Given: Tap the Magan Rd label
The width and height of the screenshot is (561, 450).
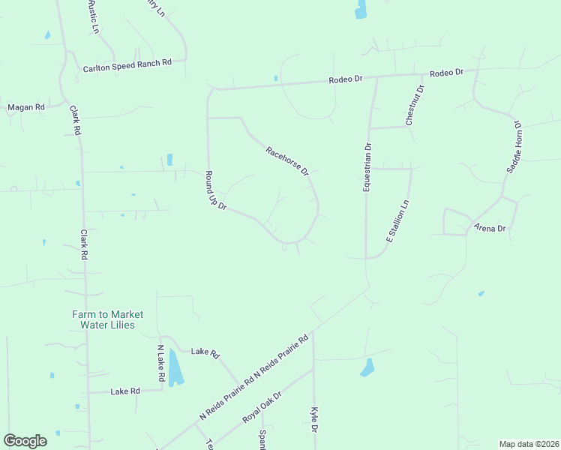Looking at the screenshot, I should pos(26,107).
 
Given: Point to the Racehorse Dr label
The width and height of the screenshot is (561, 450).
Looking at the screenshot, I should pos(287,161).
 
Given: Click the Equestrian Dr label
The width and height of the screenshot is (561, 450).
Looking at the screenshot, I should pos(367,168).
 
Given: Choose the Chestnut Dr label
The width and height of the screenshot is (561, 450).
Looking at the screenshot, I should pos(415,105).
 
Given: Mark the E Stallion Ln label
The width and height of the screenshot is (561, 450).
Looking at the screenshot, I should pos(398,220).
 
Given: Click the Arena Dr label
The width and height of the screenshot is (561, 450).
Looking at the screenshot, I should pos(490,227).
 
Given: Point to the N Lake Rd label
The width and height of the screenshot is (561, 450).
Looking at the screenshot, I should pos(160,364).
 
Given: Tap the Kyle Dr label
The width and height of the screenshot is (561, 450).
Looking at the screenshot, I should pos(315,420).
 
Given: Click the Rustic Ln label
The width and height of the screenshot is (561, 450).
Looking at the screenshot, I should pos(94,16).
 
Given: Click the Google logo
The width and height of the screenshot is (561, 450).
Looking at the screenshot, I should pos(25,441).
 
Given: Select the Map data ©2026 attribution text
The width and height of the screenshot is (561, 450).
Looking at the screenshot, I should pos(528,444).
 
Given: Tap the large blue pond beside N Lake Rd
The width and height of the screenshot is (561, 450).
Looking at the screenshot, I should pos(175,367).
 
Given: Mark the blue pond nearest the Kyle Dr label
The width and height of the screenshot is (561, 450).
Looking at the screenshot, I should pos(367,367).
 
